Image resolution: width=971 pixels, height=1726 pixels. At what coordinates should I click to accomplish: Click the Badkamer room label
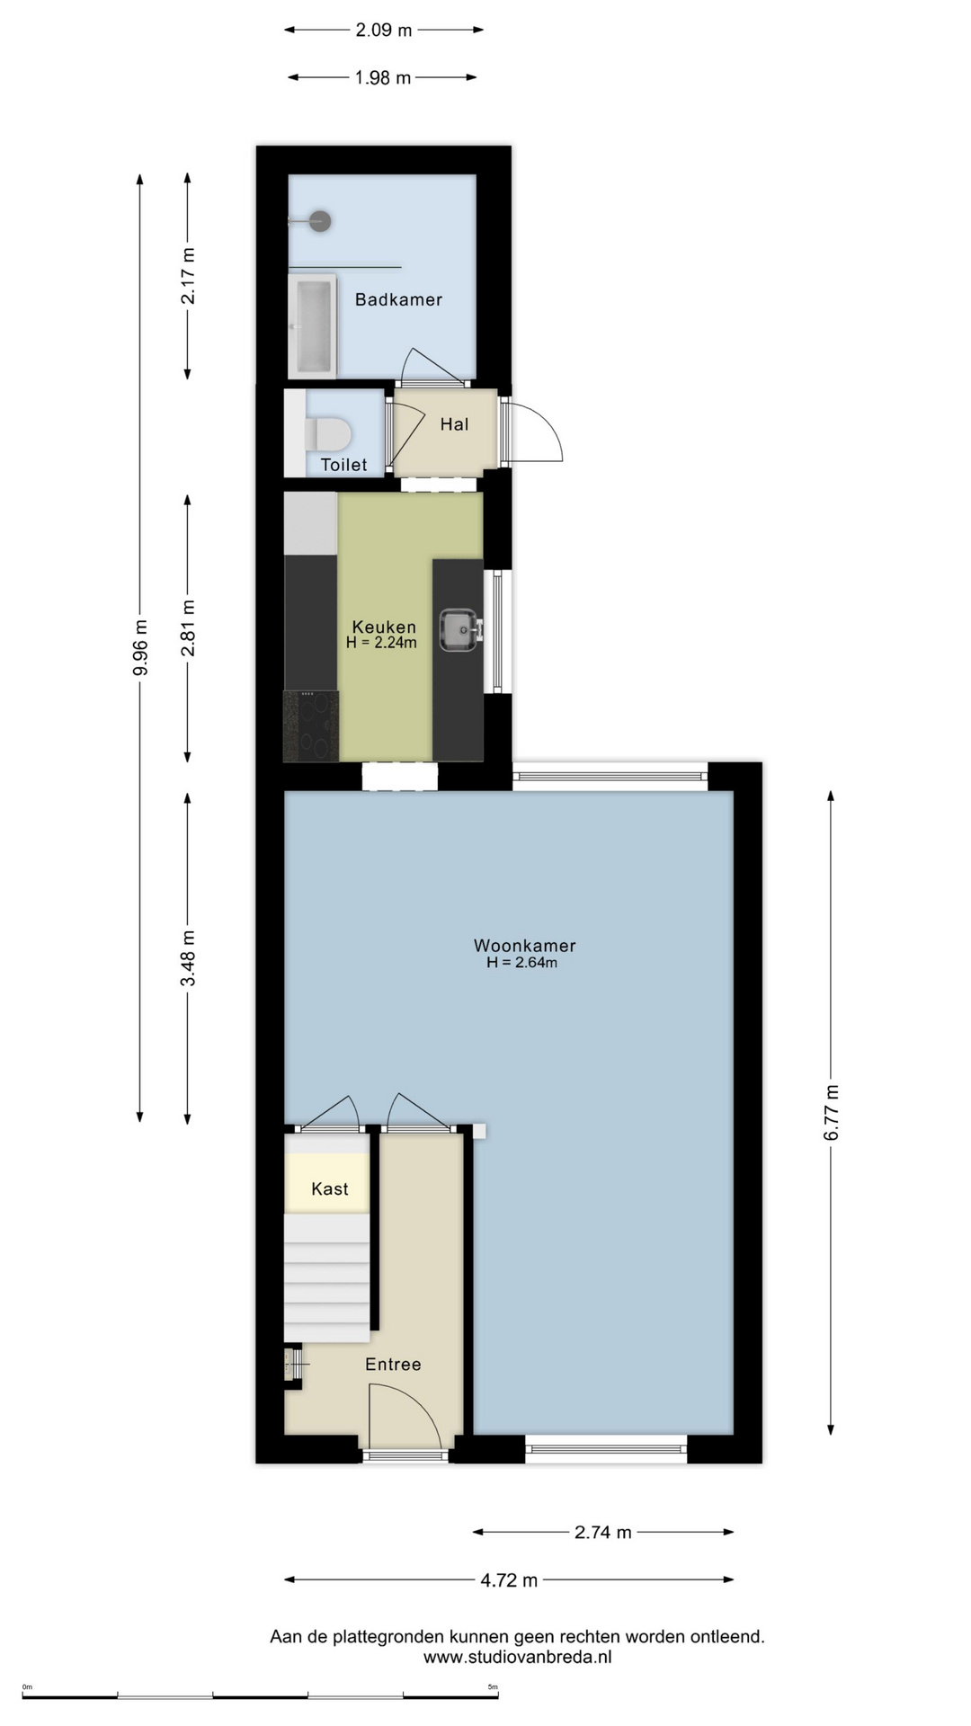[x=398, y=299]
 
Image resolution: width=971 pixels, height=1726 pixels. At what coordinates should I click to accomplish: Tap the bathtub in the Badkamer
[x=312, y=326]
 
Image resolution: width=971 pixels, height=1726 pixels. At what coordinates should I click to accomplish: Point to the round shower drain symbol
[x=320, y=220]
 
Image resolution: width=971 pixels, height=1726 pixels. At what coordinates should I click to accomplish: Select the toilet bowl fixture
[x=326, y=433]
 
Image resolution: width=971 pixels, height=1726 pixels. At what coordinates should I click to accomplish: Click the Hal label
[x=454, y=424]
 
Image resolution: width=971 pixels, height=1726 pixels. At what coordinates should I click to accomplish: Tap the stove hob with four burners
[x=311, y=726]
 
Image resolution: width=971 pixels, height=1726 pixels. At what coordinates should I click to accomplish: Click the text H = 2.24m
[x=381, y=643]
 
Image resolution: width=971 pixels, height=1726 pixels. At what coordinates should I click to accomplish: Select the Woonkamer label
[x=525, y=946]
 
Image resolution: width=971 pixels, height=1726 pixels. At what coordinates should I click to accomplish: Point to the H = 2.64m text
[x=521, y=963]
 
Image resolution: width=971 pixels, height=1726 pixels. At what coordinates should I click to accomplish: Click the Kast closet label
[x=330, y=1188]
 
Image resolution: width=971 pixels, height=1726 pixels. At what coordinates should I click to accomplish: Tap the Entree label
[x=393, y=1364]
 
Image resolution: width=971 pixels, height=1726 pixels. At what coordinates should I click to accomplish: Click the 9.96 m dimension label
[x=140, y=648]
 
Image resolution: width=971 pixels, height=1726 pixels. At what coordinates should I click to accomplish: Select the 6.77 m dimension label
[x=832, y=1113]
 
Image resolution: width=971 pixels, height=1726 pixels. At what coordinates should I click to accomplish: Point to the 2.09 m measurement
[x=384, y=30]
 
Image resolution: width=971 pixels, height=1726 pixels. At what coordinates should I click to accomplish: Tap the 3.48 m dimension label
[x=188, y=957]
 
